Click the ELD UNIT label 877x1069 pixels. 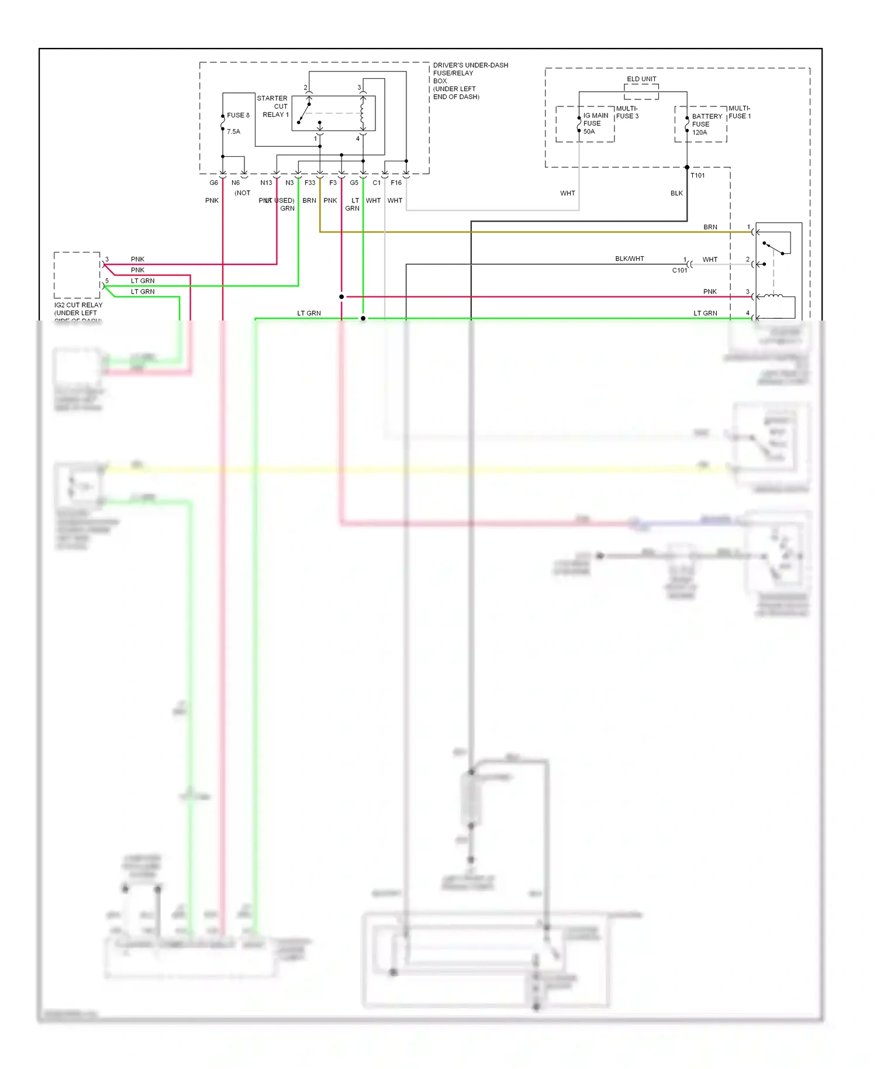(x=641, y=79)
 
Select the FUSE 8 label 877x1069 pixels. (x=238, y=115)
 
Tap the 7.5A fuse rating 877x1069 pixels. (x=233, y=132)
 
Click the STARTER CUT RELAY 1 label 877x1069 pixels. (x=273, y=106)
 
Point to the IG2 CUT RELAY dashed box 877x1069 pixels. (x=77, y=275)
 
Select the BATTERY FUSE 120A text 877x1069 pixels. (x=706, y=125)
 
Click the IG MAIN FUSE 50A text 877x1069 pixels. (x=595, y=123)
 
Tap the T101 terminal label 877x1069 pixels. (x=698, y=175)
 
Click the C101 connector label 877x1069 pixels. (x=679, y=270)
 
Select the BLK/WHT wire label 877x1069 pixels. (x=629, y=258)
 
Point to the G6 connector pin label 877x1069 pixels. (x=214, y=183)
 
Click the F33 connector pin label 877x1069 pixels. (x=310, y=183)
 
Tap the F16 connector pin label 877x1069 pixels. (x=396, y=183)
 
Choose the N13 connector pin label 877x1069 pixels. (x=266, y=183)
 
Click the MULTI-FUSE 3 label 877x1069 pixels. (x=627, y=112)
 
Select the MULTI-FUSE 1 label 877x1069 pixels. (x=740, y=112)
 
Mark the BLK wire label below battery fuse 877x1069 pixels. (x=676, y=193)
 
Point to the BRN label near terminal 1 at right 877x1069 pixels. (x=710, y=227)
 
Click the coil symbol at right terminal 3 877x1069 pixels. (x=773, y=296)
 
